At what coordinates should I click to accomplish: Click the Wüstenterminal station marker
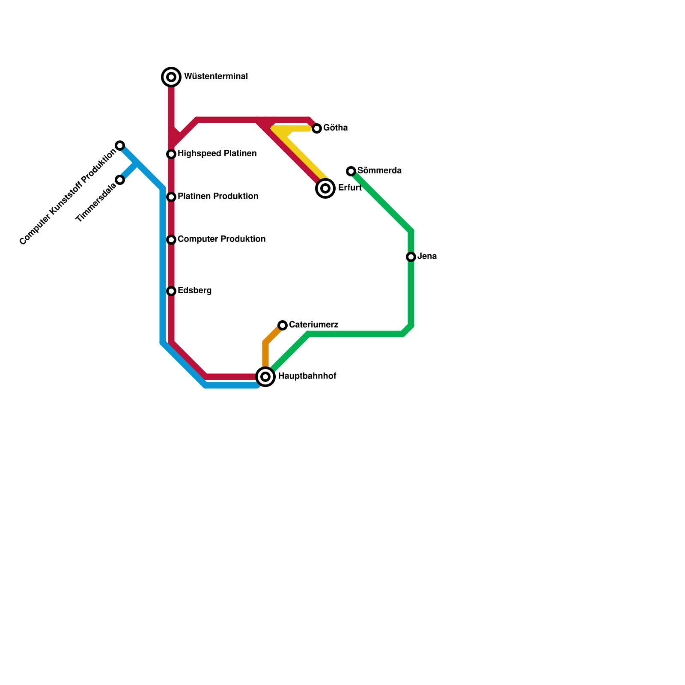(171, 77)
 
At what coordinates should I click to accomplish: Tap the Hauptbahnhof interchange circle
(265, 377)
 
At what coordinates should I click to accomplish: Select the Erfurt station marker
(325, 188)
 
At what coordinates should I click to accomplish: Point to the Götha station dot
(317, 128)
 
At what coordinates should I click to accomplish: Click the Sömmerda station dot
(351, 171)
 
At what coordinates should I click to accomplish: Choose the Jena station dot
(411, 257)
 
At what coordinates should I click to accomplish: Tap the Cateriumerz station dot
(283, 325)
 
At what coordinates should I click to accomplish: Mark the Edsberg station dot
(171, 291)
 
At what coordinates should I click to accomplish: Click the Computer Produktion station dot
(171, 240)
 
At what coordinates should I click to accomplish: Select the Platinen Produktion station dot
(171, 197)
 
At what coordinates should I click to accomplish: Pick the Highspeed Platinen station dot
(171, 154)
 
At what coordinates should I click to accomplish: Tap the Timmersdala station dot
(120, 180)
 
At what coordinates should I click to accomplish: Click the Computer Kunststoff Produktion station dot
(120, 146)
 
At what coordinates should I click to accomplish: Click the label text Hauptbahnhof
(307, 376)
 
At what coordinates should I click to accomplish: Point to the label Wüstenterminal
(216, 77)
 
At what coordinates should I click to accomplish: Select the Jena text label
(427, 256)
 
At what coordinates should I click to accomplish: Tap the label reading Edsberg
(194, 291)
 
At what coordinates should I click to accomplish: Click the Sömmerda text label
(379, 171)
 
